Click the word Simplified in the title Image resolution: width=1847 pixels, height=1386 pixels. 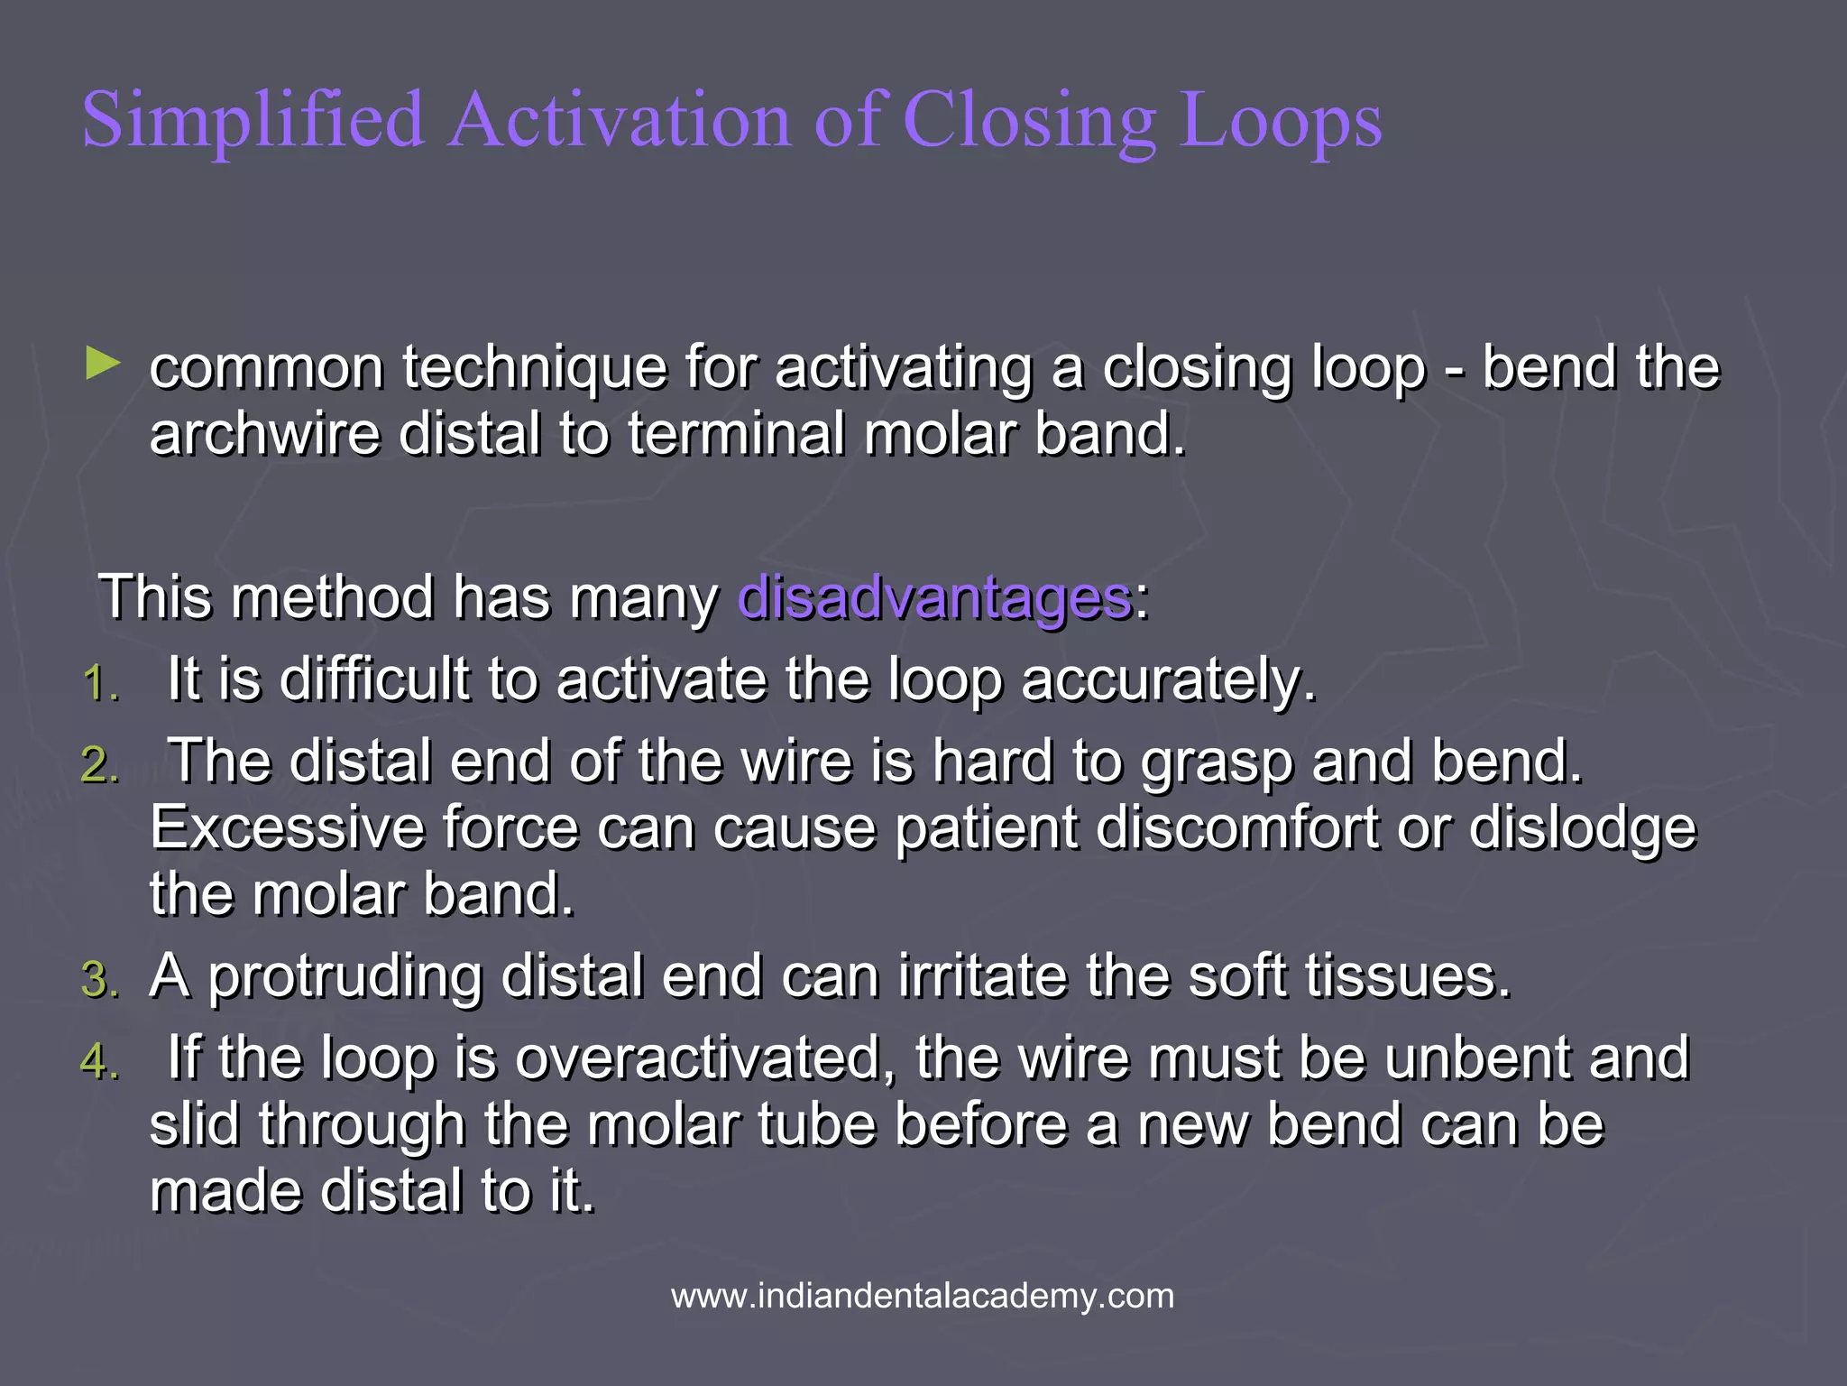click(x=253, y=122)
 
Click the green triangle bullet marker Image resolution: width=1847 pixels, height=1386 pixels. click(x=103, y=365)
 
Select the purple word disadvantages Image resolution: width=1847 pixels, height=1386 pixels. click(x=934, y=597)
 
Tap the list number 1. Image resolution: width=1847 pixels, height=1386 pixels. click(x=99, y=683)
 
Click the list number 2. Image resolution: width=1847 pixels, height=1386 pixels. click(x=99, y=766)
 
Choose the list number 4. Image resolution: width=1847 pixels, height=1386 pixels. click(x=99, y=1062)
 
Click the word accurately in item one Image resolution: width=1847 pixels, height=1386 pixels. click(x=1169, y=681)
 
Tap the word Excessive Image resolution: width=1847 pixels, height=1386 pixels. click(x=287, y=828)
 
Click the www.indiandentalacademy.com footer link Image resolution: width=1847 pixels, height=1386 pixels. click(x=923, y=1297)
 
